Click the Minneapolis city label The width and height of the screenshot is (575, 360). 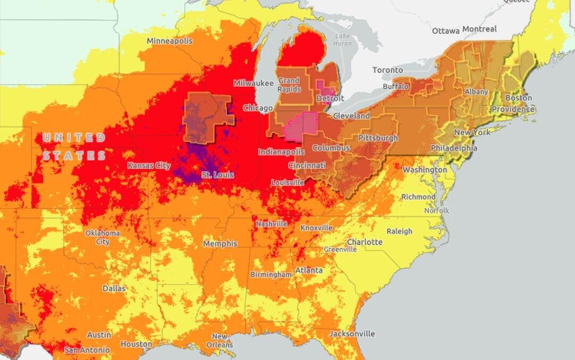pos(169,41)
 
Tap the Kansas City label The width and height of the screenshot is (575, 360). pos(149,166)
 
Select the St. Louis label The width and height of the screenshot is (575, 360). pos(217,175)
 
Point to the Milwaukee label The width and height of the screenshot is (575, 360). pos(253,83)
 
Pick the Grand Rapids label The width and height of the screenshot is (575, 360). pos(289,85)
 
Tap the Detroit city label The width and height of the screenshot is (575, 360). pos(330,99)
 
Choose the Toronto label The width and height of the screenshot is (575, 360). pos(388,70)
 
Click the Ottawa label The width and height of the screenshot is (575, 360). pos(446,30)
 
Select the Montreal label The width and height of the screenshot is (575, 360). pos(479,29)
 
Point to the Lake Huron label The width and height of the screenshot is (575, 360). pos(342,39)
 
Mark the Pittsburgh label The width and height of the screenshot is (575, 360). pos(377,138)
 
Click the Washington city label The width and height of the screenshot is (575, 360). pos(425,169)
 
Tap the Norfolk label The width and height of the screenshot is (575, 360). pos(437,210)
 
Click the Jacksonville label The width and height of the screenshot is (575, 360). pos(351,334)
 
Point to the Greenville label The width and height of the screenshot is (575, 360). pos(340,249)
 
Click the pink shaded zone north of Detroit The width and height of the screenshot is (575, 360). pos(324,87)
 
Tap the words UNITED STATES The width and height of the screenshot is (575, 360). pos(74,146)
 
